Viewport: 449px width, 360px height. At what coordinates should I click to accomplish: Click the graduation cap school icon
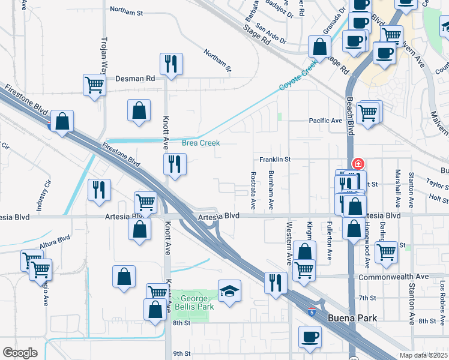tap(229, 291)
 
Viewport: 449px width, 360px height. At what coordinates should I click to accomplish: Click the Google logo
tap(20, 353)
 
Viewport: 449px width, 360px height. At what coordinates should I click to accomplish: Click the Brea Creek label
tap(201, 143)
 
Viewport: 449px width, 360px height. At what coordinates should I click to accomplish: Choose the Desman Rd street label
tap(135, 78)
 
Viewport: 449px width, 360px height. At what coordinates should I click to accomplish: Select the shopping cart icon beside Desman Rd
tap(95, 85)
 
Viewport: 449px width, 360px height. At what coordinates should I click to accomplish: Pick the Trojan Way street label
tap(103, 55)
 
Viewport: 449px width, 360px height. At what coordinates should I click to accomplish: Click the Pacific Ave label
tap(325, 121)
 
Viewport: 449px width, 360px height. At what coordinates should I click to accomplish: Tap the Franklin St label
tap(275, 160)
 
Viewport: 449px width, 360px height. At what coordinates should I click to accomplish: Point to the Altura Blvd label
tap(56, 245)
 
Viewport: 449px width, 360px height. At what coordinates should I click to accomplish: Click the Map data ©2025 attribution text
tap(423, 355)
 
